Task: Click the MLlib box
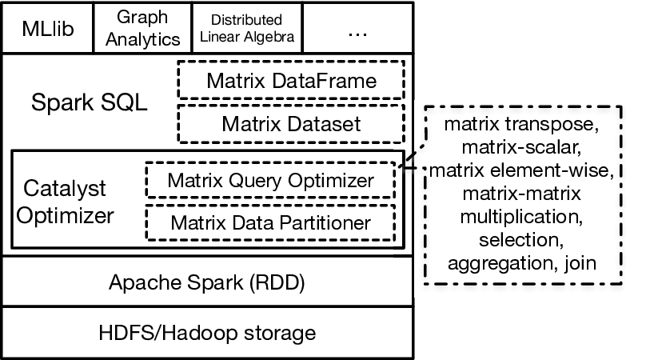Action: point(48,28)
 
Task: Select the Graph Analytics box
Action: point(142,28)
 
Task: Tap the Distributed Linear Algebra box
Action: point(247,28)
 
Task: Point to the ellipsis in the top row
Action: point(357,34)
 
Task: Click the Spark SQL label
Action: point(90,102)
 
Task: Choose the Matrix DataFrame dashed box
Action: point(291,80)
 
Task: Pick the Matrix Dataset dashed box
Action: point(291,124)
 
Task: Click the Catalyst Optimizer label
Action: point(65,202)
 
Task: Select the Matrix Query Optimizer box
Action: point(271,180)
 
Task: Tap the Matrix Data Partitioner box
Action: point(271,222)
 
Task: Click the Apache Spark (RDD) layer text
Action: point(207,282)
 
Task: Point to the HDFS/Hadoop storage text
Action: point(207,333)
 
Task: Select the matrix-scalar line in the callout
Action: point(521,147)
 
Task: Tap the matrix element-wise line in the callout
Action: point(521,170)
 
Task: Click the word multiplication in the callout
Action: point(521,217)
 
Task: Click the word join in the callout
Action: point(580,263)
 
